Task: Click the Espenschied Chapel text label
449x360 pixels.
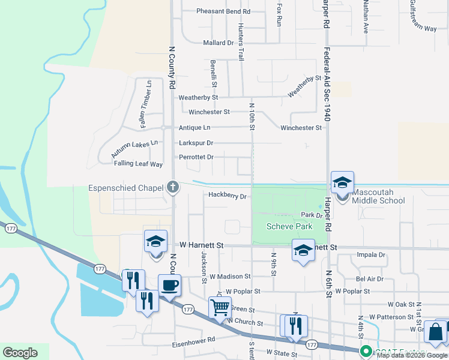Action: click(126, 188)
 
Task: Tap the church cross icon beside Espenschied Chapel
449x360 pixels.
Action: click(173, 188)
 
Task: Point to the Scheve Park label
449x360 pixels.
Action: click(289, 226)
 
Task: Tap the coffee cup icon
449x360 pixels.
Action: click(169, 285)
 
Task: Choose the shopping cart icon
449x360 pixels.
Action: click(220, 307)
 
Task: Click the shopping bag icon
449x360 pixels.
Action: click(435, 332)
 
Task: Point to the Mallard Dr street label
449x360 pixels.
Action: click(218, 43)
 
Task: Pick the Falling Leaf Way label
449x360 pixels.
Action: click(138, 164)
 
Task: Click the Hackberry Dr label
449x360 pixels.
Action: click(228, 196)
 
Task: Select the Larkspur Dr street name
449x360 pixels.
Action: click(196, 143)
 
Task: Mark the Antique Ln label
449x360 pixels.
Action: click(194, 128)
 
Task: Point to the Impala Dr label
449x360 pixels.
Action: click(370, 254)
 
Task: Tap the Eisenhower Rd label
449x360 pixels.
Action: click(193, 340)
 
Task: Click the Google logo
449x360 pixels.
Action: click(20, 353)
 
